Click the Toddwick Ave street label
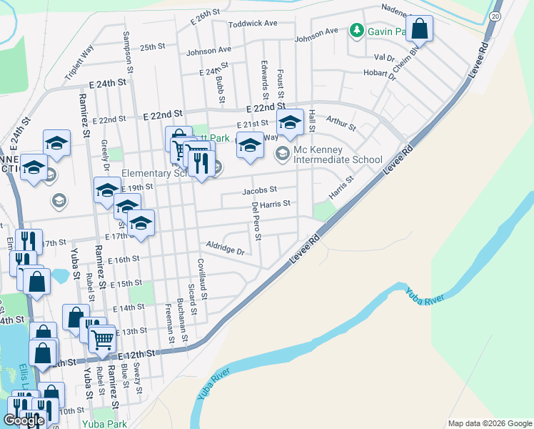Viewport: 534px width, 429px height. click(253, 24)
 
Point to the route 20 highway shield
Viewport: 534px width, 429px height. click(495, 15)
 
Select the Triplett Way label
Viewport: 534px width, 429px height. click(79, 61)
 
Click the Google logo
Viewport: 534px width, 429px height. click(24, 420)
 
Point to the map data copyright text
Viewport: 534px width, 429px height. click(489, 423)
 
